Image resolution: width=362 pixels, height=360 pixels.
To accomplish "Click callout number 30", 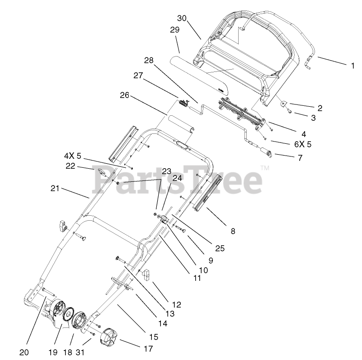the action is [182, 19].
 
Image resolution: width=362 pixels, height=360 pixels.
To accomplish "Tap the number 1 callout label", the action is [353, 66].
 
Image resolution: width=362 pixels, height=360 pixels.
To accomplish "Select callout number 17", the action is [148, 349].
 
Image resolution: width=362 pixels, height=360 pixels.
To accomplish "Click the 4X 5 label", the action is [72, 156].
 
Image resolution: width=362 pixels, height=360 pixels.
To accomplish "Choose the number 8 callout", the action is [233, 231].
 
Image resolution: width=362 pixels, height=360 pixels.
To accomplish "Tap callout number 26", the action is [125, 95].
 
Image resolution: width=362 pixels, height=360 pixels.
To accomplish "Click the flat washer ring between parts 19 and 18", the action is [70, 315].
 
